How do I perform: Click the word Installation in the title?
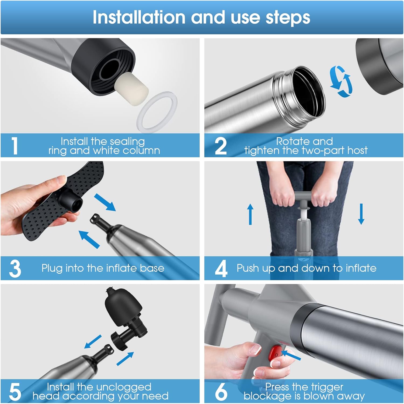139,17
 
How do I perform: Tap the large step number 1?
15,146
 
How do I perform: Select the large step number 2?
221,146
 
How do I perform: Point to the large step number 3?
15,269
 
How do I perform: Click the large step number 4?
221,269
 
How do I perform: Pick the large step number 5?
15,392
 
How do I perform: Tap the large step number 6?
221,392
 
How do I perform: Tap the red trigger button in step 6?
275,353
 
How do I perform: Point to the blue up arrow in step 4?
250,214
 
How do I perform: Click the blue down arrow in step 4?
361,214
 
